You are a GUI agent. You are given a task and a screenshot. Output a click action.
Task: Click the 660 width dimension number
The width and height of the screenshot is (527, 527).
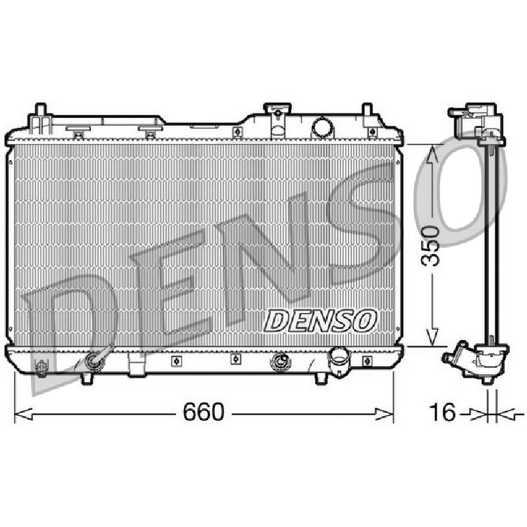[203, 412]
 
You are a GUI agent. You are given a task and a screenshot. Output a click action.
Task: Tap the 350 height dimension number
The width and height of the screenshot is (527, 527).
[431, 246]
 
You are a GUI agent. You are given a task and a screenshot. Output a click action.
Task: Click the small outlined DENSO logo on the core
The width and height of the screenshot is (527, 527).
[319, 321]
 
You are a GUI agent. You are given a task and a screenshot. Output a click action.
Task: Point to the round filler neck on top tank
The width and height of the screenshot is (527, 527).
[322, 128]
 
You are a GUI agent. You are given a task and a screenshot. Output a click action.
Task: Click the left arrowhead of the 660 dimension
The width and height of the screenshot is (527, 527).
[24, 414]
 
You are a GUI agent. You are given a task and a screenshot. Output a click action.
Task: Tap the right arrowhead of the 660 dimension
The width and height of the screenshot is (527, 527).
[384, 414]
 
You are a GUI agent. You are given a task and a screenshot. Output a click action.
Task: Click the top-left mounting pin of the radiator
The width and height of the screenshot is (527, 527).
[40, 110]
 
